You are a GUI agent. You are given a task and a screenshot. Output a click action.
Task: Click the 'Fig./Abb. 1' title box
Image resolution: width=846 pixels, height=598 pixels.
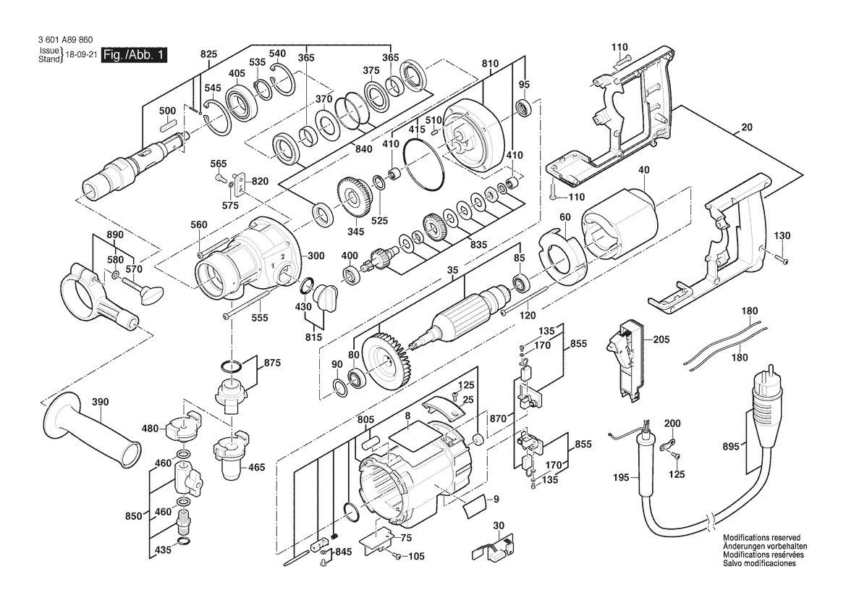(134, 56)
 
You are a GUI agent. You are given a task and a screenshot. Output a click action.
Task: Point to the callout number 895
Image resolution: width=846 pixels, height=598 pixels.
(730, 447)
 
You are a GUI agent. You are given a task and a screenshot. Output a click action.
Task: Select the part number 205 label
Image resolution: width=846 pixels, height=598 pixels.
(661, 340)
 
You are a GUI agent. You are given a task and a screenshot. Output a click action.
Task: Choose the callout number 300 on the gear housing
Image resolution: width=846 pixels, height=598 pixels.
(316, 256)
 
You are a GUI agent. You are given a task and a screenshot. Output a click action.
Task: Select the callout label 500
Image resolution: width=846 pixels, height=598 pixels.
(167, 111)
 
